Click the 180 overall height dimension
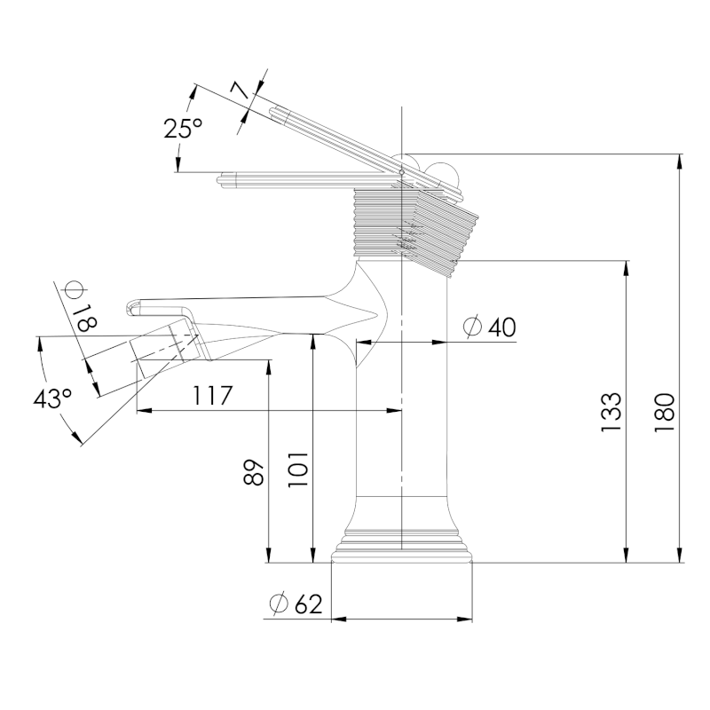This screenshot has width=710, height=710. [667, 411]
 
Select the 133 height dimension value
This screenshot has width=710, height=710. [611, 411]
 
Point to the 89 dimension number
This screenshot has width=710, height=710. [255, 472]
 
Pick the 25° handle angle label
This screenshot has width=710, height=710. [183, 129]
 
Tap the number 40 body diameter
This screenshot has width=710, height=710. [501, 327]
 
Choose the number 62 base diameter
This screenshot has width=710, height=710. [308, 604]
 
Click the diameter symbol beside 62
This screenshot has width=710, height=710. [279, 604]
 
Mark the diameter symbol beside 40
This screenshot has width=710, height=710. [473, 327]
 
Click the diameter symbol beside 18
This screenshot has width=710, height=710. [74, 289]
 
